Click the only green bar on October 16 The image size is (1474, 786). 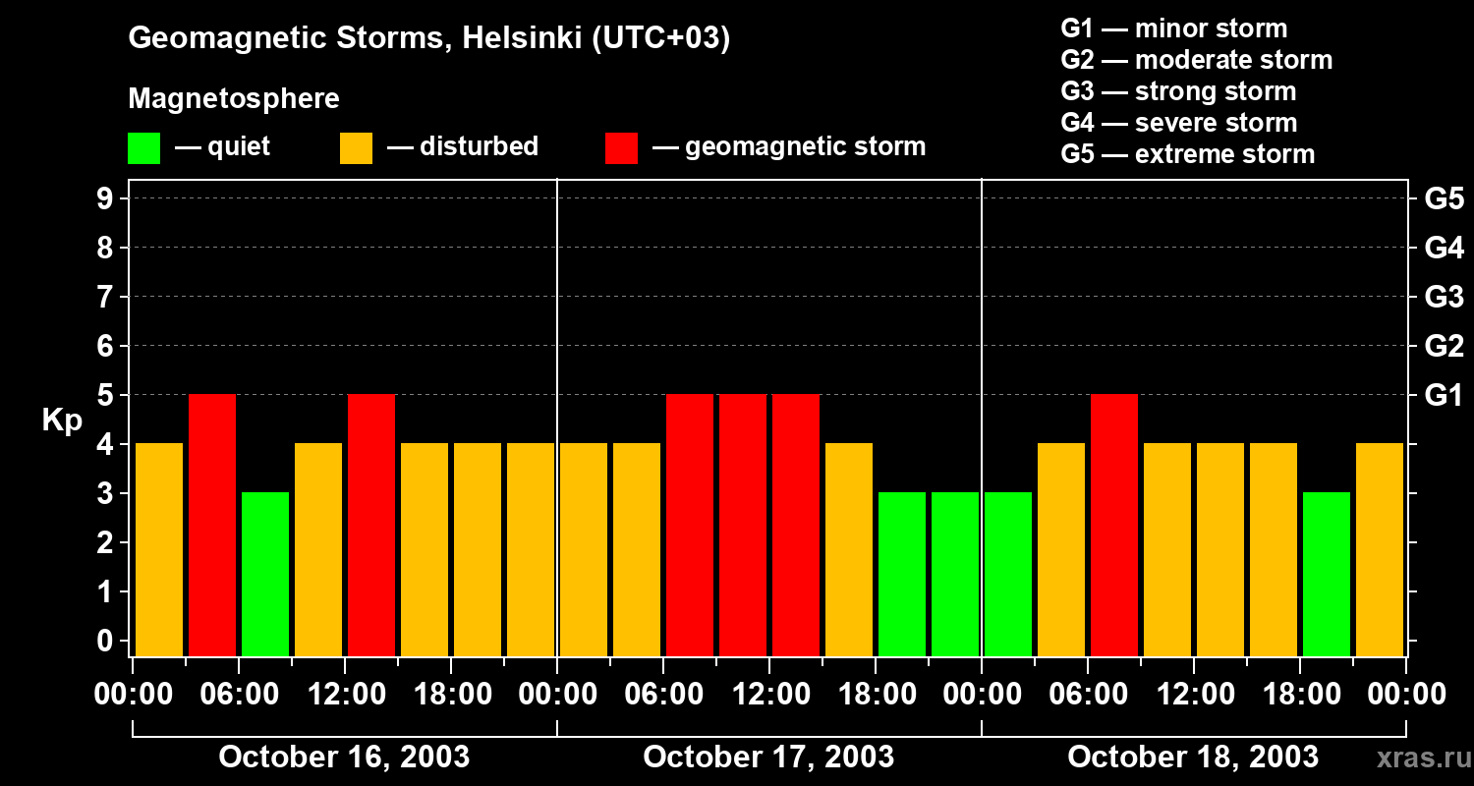pyautogui.click(x=265, y=574)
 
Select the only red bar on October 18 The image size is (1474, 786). pyautogui.click(x=1114, y=525)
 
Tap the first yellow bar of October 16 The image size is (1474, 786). pyautogui.click(x=159, y=549)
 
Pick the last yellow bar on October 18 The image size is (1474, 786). pyautogui.click(x=1380, y=549)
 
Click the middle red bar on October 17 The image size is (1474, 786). pyautogui.click(x=743, y=525)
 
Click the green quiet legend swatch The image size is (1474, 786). pyautogui.click(x=143, y=148)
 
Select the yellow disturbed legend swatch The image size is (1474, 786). pyautogui.click(x=356, y=148)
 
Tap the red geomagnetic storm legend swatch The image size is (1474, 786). pyautogui.click(x=621, y=148)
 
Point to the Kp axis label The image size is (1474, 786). pyautogui.click(x=62, y=420)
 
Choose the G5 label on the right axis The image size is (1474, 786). pyautogui.click(x=1444, y=198)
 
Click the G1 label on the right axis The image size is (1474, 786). pyautogui.click(x=1444, y=395)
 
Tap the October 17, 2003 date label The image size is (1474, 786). pyautogui.click(x=768, y=758)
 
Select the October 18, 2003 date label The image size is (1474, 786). pyautogui.click(x=1193, y=758)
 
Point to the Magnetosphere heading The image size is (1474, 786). pyautogui.click(x=234, y=99)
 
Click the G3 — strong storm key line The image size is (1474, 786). pyautogui.click(x=1178, y=91)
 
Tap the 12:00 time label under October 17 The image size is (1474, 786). pyautogui.click(x=770, y=695)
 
